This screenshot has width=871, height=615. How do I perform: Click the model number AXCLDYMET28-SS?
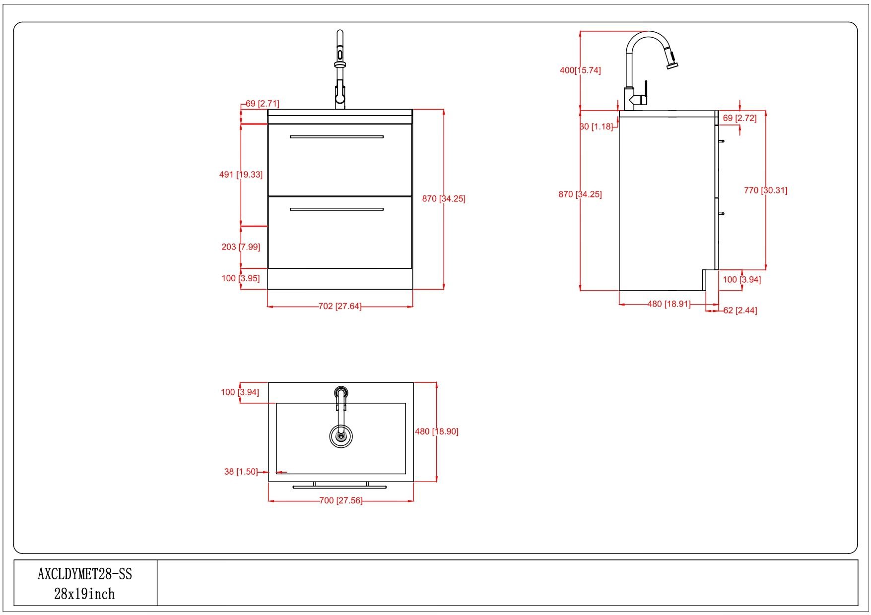(x=85, y=574)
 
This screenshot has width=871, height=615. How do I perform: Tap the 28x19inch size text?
(x=84, y=594)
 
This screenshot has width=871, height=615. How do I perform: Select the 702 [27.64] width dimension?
(x=340, y=307)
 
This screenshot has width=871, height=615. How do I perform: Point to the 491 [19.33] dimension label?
(x=241, y=175)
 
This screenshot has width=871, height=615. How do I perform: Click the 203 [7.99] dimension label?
(x=241, y=246)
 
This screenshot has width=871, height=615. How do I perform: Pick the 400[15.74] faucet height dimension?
(x=580, y=70)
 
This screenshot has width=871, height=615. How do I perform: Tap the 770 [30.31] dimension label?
(x=766, y=190)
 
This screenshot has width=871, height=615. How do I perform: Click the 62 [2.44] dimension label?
(x=740, y=310)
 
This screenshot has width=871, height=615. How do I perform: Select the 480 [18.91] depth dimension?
(x=669, y=304)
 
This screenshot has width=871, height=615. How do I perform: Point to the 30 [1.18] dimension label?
(x=597, y=126)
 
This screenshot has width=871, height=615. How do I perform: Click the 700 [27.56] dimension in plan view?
(x=341, y=500)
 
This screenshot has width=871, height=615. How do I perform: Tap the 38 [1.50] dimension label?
(x=241, y=472)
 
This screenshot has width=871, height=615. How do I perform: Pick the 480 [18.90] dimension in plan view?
(x=437, y=431)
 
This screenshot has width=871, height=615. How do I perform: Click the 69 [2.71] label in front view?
(x=263, y=104)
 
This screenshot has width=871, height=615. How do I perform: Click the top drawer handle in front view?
(x=336, y=136)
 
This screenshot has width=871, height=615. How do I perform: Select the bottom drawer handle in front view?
(x=336, y=209)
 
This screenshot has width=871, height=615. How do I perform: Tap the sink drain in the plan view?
(x=340, y=436)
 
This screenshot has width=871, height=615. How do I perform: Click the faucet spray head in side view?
(x=672, y=59)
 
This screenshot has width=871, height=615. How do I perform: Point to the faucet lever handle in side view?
(x=645, y=92)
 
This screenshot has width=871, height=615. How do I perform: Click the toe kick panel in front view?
(x=340, y=279)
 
